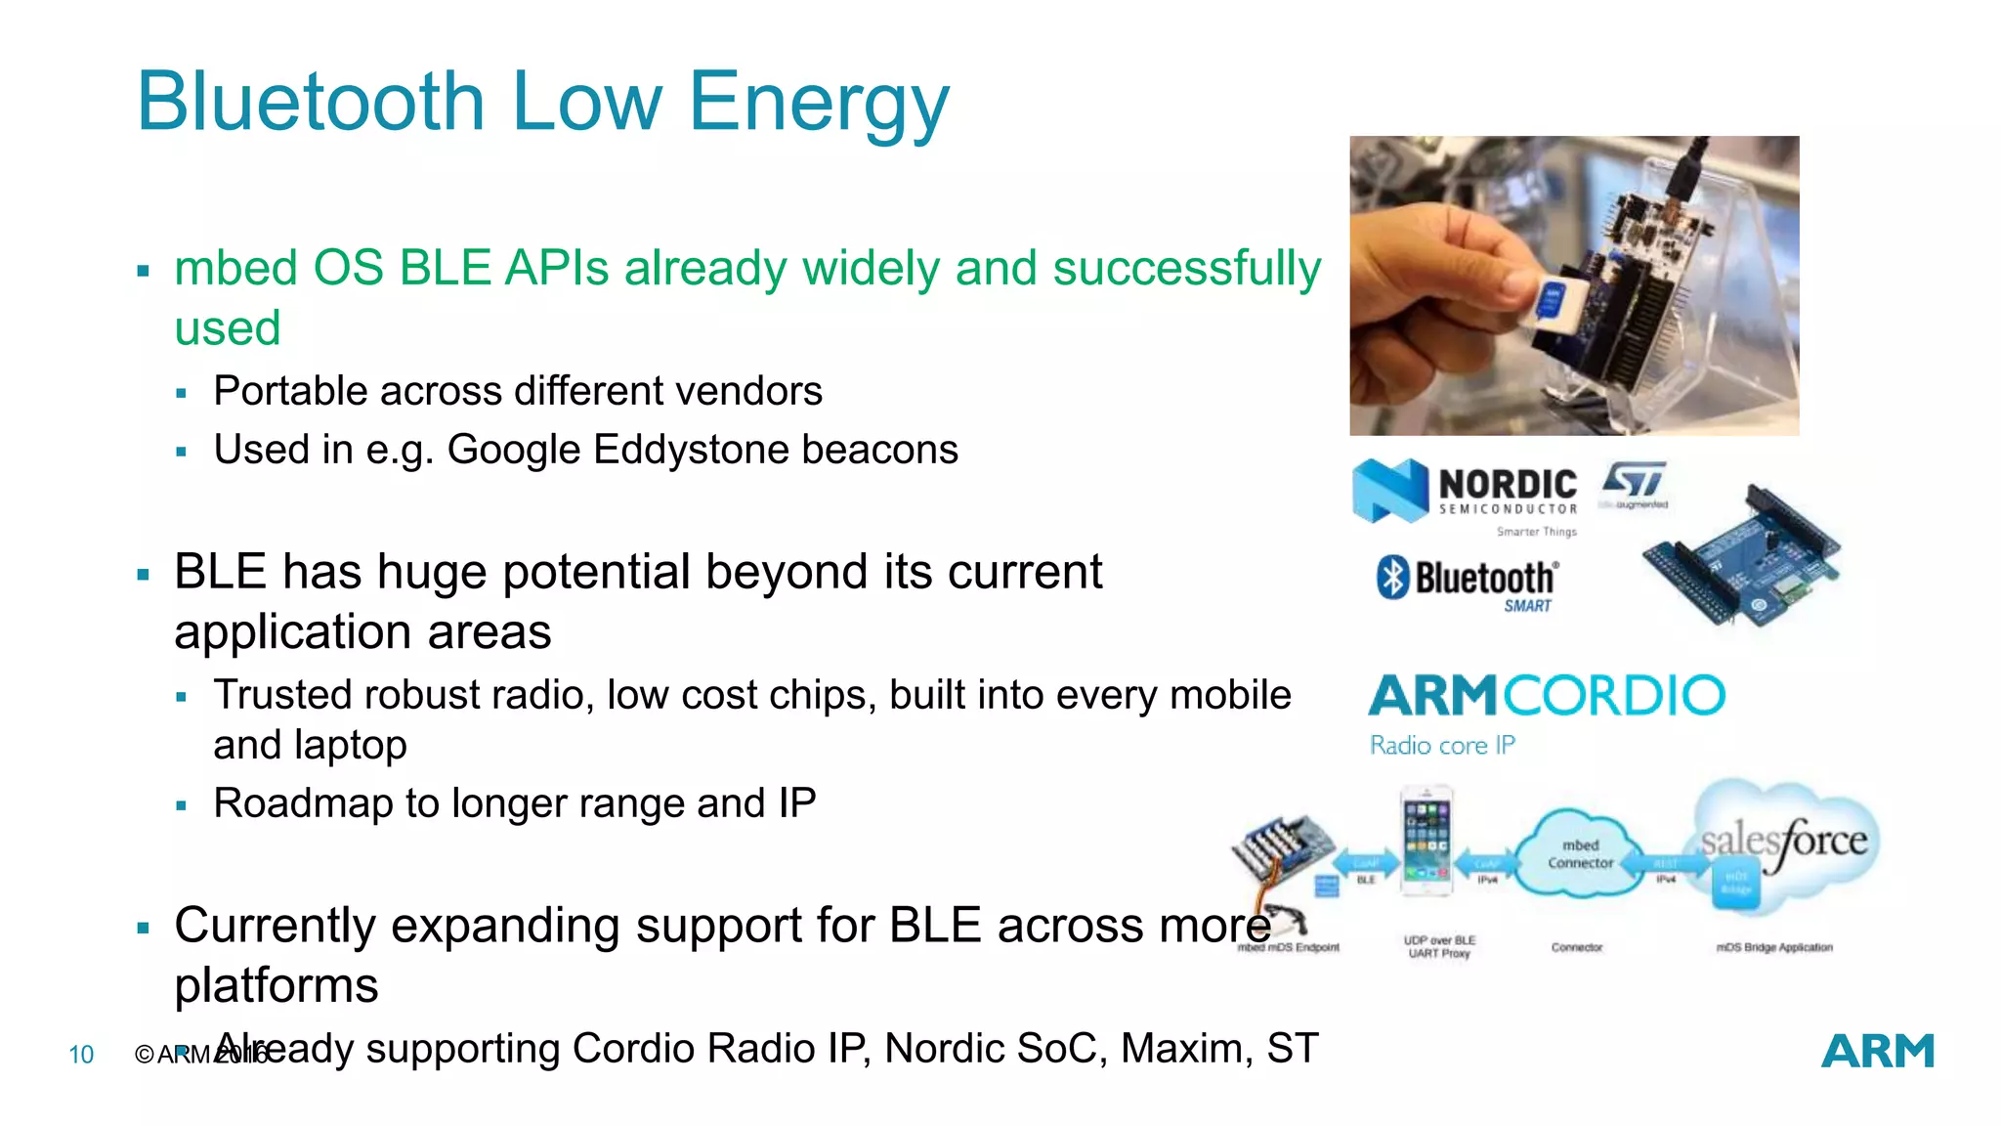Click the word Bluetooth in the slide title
click(311, 102)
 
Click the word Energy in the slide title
click(819, 104)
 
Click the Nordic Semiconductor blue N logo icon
click(1389, 491)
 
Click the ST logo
click(1634, 480)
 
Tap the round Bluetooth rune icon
click(1392, 577)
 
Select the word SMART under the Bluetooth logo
click(1527, 606)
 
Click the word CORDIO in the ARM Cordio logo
click(1614, 696)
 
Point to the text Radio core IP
click(1442, 746)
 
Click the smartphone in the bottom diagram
click(1426, 841)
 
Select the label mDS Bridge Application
click(1774, 947)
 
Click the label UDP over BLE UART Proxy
click(1439, 946)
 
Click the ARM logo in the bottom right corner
click(1877, 1052)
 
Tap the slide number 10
click(81, 1055)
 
